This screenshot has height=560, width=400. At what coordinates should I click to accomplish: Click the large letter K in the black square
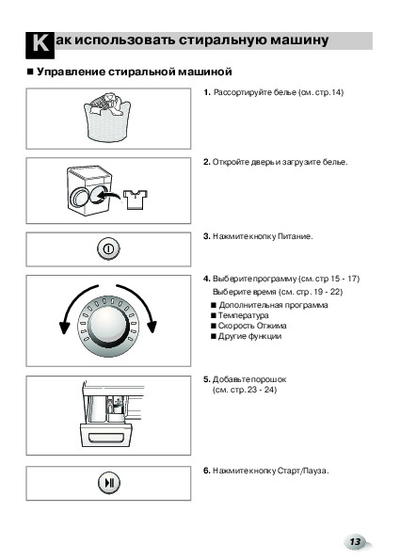click(40, 44)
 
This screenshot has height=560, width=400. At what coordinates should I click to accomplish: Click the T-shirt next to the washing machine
click(136, 200)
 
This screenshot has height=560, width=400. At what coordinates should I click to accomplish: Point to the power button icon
click(108, 248)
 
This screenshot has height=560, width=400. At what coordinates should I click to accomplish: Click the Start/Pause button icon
click(109, 483)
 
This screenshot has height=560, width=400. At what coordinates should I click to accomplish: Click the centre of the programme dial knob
click(108, 327)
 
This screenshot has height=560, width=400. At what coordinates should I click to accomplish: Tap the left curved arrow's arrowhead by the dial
click(64, 328)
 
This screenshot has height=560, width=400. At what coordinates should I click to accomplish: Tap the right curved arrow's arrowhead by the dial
click(152, 327)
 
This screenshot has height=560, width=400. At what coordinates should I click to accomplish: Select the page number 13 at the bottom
click(356, 542)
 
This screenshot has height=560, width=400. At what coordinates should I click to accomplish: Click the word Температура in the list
click(243, 315)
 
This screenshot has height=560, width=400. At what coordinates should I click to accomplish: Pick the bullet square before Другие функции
click(214, 336)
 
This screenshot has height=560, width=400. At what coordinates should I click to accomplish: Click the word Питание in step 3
click(295, 236)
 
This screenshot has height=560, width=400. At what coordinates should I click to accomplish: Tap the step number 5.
click(207, 379)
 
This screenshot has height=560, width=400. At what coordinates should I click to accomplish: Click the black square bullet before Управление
click(30, 72)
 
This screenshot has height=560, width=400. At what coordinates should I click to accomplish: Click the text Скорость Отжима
click(252, 326)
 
